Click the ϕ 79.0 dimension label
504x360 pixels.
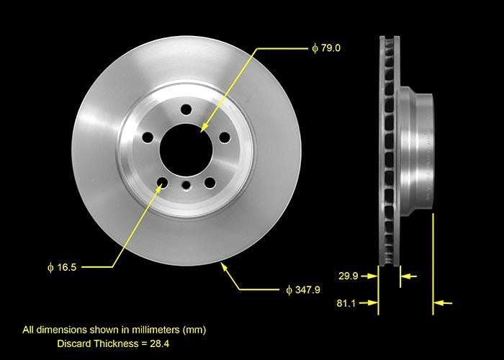326,48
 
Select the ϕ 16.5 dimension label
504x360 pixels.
62,266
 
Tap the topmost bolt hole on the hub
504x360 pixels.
186,109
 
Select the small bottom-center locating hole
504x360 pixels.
186,186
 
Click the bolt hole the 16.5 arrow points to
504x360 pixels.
163,182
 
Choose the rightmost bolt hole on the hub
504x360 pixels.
224,137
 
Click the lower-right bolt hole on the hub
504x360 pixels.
210,182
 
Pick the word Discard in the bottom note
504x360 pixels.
74,343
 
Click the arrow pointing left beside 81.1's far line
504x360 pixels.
444,303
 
